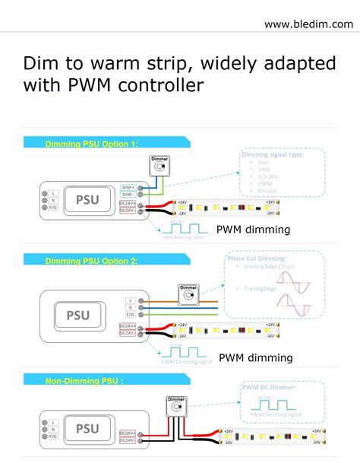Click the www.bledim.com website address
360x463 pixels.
click(x=308, y=24)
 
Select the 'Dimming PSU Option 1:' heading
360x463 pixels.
click(x=91, y=142)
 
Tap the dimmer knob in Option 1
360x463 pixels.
click(x=159, y=166)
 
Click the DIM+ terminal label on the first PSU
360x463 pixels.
click(x=128, y=186)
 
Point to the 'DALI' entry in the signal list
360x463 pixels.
click(x=264, y=163)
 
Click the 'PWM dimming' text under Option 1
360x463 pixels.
click(x=253, y=229)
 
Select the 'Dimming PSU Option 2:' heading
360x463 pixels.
click(x=91, y=261)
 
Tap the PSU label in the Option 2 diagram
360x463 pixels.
click(x=77, y=315)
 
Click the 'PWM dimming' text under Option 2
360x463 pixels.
click(x=255, y=357)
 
